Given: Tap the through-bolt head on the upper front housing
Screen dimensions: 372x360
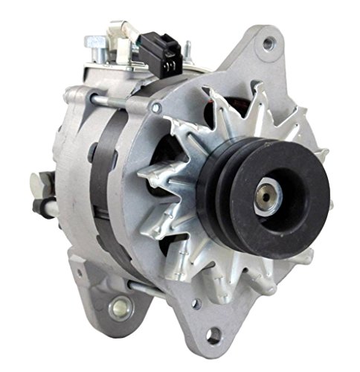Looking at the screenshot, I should [x=155, y=109].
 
